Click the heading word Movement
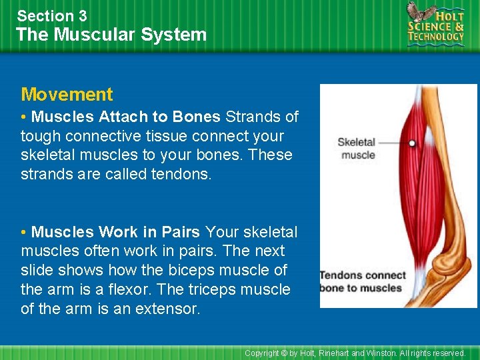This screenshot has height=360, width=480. tap(67, 95)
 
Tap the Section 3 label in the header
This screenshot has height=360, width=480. tap(51, 16)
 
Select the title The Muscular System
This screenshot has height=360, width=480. tap(111, 35)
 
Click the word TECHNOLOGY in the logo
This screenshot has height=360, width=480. tap(436, 37)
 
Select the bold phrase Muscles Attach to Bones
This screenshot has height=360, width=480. tap(125, 117)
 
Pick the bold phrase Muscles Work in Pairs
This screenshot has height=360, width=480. tap(115, 232)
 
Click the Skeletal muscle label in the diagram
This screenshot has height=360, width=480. tap(357, 149)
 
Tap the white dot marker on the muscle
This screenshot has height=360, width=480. tap(412, 143)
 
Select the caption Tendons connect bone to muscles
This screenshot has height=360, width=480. tap(362, 282)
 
